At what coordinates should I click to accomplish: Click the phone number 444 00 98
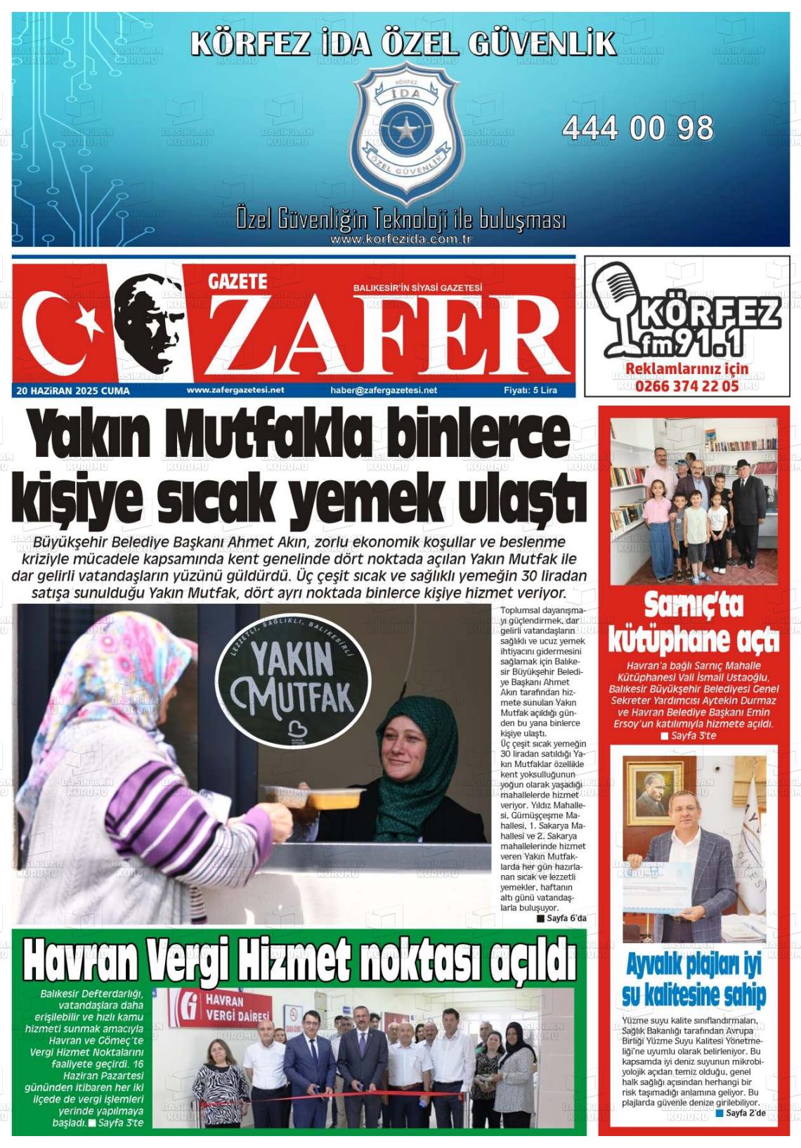click(x=637, y=128)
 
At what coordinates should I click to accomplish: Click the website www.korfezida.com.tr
click(x=400, y=239)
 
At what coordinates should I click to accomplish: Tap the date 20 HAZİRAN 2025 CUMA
click(x=72, y=391)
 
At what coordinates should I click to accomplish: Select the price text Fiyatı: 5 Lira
click(x=530, y=390)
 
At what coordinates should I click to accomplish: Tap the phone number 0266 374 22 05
click(x=686, y=385)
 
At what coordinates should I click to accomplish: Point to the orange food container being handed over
click(x=338, y=796)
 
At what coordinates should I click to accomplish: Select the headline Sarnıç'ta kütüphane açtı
click(x=693, y=623)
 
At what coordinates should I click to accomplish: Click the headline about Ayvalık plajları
click(x=693, y=981)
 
